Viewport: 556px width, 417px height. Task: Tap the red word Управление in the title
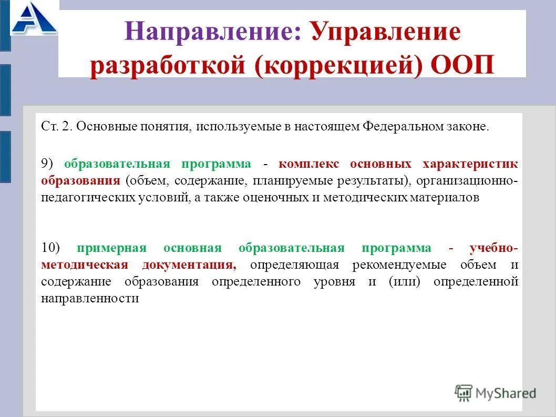click(x=385, y=33)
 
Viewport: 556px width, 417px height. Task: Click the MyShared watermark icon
click(x=464, y=392)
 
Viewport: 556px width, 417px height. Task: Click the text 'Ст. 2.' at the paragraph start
click(x=57, y=128)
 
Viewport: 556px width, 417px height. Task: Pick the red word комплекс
click(x=310, y=164)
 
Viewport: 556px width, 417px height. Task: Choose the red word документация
click(x=189, y=265)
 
